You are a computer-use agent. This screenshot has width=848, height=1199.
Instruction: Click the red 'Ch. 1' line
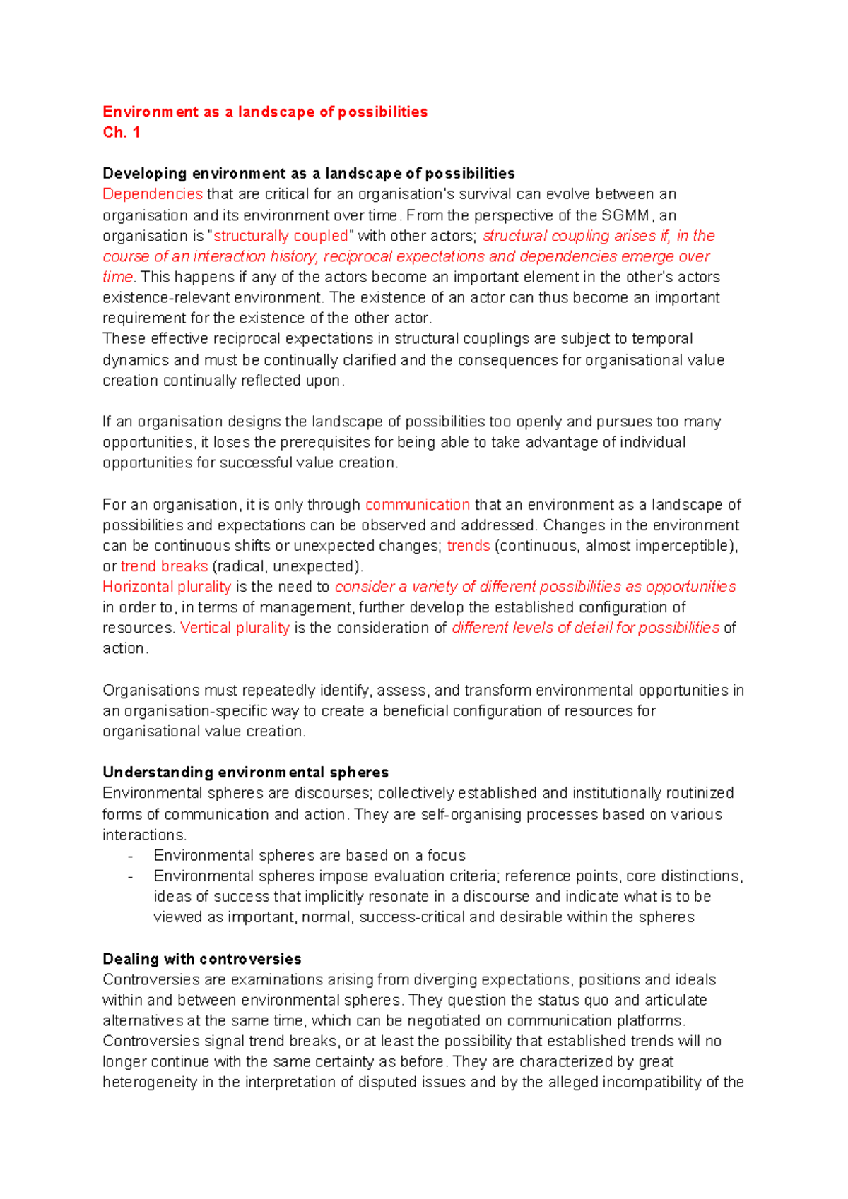click(x=121, y=132)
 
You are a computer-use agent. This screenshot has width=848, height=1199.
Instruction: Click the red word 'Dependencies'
click(x=152, y=194)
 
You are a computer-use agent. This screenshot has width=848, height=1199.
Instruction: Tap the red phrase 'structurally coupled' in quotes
click(x=281, y=236)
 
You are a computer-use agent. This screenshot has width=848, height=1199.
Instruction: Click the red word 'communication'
click(x=417, y=505)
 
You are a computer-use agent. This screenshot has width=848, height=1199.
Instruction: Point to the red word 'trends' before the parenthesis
click(x=468, y=546)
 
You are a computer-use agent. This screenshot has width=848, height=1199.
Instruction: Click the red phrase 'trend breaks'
click(x=164, y=566)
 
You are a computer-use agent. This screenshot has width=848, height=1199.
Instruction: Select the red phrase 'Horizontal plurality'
click(x=167, y=587)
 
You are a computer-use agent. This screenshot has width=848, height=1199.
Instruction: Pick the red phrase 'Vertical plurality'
click(x=235, y=628)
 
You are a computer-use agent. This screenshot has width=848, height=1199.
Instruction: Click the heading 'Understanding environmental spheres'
click(x=245, y=772)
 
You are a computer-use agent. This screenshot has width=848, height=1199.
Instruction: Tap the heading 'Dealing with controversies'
click(x=201, y=959)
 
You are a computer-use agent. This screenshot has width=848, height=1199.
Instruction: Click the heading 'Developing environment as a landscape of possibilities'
click(x=308, y=174)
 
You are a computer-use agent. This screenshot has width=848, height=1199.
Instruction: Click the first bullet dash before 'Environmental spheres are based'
click(x=131, y=856)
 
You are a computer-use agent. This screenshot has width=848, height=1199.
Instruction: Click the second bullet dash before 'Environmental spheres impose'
click(x=131, y=876)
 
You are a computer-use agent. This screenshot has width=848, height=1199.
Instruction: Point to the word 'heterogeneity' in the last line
click(x=149, y=1082)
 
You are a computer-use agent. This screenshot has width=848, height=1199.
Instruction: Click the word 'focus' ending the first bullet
click(x=446, y=856)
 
